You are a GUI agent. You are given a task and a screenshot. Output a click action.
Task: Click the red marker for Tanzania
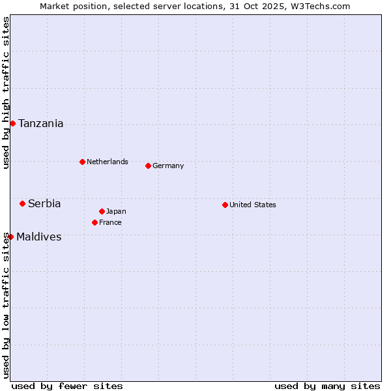pyautogui.click(x=12, y=123)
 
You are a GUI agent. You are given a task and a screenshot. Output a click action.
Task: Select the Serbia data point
pyautogui.click(x=22, y=203)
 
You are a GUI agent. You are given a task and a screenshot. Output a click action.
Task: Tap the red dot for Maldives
pyautogui.click(x=10, y=237)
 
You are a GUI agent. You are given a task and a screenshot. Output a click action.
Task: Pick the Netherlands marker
pyautogui.click(x=82, y=162)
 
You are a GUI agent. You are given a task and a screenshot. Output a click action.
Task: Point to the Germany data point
pyautogui.click(x=148, y=166)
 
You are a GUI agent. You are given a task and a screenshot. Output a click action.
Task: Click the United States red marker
pyautogui.click(x=225, y=205)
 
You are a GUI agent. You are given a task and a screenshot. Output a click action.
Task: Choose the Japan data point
pyautogui.click(x=102, y=211)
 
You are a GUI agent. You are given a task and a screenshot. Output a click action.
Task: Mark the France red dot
pyautogui.click(x=94, y=222)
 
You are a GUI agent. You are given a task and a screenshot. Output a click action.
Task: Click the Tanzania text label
pyautogui.click(x=41, y=124)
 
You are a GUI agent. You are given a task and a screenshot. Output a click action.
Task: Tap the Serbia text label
pyautogui.click(x=44, y=204)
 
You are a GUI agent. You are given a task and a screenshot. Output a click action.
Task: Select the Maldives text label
pyautogui.click(x=39, y=237)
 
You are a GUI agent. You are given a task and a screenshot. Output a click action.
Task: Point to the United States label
pyautogui.click(x=253, y=205)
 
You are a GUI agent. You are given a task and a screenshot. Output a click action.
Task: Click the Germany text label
pyautogui.click(x=168, y=166)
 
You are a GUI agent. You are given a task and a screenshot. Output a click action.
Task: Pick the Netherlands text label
pyautogui.click(x=108, y=162)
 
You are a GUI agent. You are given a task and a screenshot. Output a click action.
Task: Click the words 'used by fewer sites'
pyautogui.click(x=67, y=386)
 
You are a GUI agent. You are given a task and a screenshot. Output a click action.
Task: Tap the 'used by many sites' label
pyautogui.click(x=327, y=386)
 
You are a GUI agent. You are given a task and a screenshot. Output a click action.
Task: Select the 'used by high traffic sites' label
pyautogui.click(x=7, y=93)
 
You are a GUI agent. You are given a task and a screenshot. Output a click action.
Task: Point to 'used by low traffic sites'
pyautogui.click(x=7, y=305)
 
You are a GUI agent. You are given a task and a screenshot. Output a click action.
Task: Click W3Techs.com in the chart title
pyautogui.click(x=320, y=6)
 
